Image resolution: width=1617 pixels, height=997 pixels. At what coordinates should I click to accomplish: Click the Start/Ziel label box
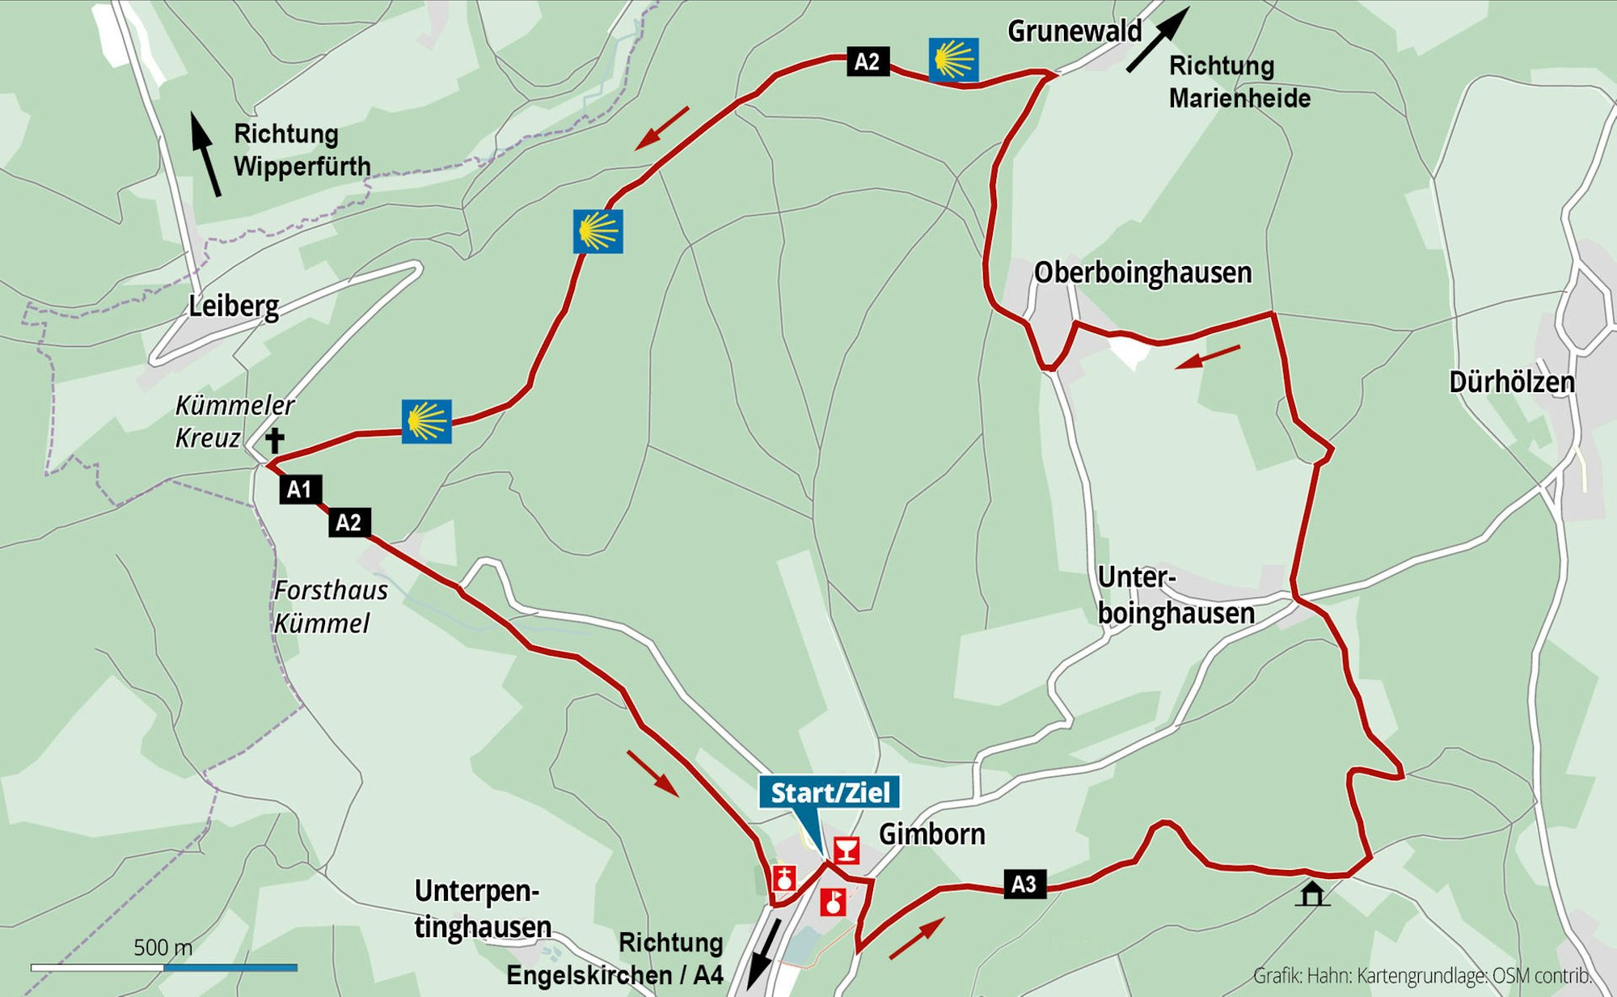pyautogui.click(x=830, y=792)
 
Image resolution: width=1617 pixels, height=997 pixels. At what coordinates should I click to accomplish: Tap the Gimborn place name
pyautogui.click(x=931, y=834)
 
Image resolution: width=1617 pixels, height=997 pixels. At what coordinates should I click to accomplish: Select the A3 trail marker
pyautogui.click(x=1024, y=884)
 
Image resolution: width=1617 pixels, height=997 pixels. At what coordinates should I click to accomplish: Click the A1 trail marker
pyautogui.click(x=300, y=489)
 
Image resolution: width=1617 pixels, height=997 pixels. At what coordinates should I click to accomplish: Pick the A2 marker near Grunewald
pyautogui.click(x=867, y=61)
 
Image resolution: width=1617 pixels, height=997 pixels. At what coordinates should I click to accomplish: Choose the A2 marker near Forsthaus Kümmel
pyautogui.click(x=349, y=522)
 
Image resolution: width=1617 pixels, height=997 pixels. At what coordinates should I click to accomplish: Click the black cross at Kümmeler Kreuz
pyautogui.click(x=275, y=441)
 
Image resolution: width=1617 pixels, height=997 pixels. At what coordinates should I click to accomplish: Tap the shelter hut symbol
pyautogui.click(x=1311, y=893)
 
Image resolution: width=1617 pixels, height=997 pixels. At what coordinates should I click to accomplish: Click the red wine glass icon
pyautogui.click(x=846, y=851)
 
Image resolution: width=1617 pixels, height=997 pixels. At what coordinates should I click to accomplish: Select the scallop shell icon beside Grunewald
pyautogui.click(x=953, y=60)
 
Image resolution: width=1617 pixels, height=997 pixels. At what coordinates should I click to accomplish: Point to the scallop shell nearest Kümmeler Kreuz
pyautogui.click(x=426, y=421)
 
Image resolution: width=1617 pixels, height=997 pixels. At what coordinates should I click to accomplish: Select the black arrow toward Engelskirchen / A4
pyautogui.click(x=762, y=954)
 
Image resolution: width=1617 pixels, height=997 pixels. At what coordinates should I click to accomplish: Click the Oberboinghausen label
pyautogui.click(x=1142, y=272)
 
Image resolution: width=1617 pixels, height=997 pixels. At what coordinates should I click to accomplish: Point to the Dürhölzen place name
pyautogui.click(x=1511, y=382)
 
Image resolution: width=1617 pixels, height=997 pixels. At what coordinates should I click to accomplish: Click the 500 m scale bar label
pyautogui.click(x=163, y=947)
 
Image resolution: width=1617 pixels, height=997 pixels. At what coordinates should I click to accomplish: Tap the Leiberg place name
pyautogui.click(x=234, y=306)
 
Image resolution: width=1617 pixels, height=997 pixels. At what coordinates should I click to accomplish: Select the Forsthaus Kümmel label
pyautogui.click(x=329, y=606)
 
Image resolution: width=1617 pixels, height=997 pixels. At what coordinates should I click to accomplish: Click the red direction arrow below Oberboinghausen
pyautogui.click(x=1207, y=357)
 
